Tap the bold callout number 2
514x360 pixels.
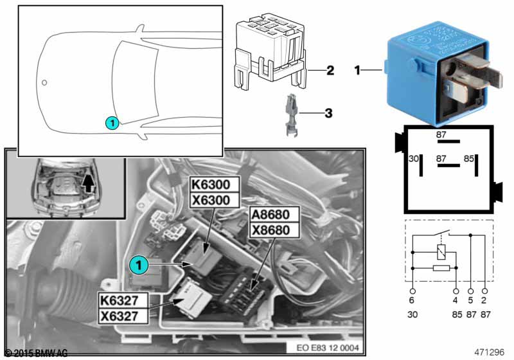coord(330,70)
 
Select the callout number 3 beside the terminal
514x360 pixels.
coord(328,114)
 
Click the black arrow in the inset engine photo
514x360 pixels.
coord(88,184)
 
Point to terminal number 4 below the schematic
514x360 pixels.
coord(456,300)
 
